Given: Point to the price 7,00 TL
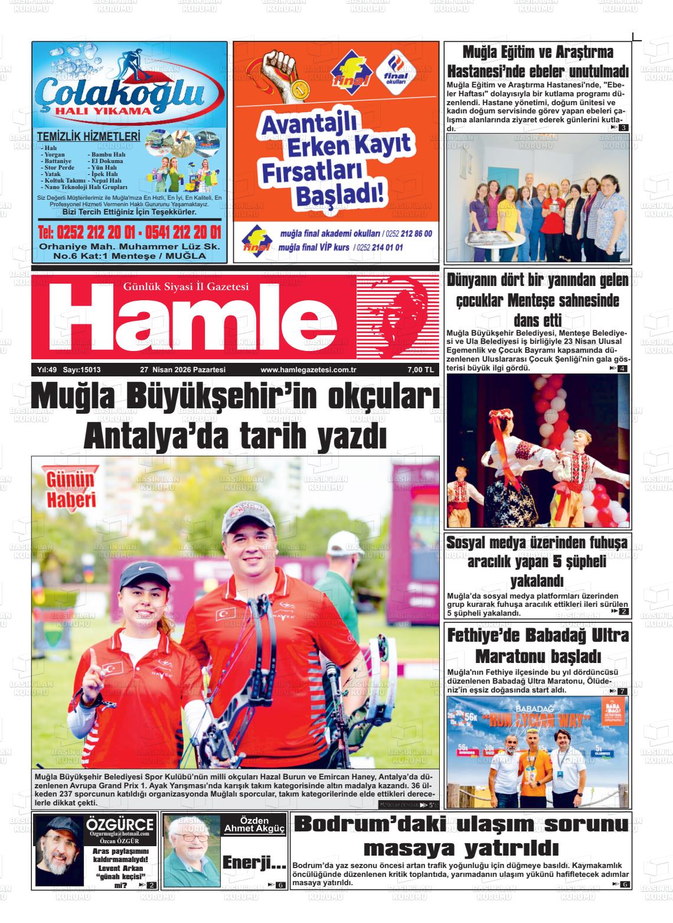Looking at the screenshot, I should [x=420, y=370].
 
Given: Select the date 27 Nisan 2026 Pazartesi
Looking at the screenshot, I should [x=183, y=370].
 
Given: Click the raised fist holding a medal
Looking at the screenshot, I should [x=285, y=68].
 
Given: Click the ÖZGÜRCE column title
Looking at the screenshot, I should [x=120, y=824].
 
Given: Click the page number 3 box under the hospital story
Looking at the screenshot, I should [x=623, y=128].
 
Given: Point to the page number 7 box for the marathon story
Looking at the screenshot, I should [x=622, y=691].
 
